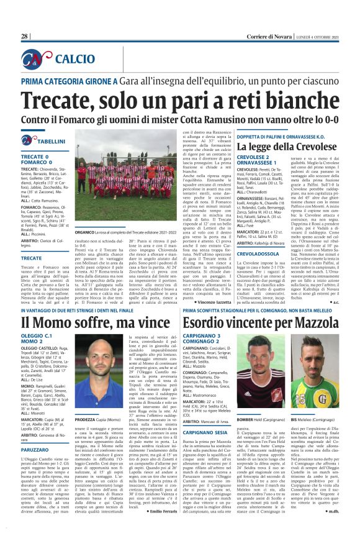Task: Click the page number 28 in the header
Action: click(25, 37)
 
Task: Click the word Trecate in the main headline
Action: click(60, 101)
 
